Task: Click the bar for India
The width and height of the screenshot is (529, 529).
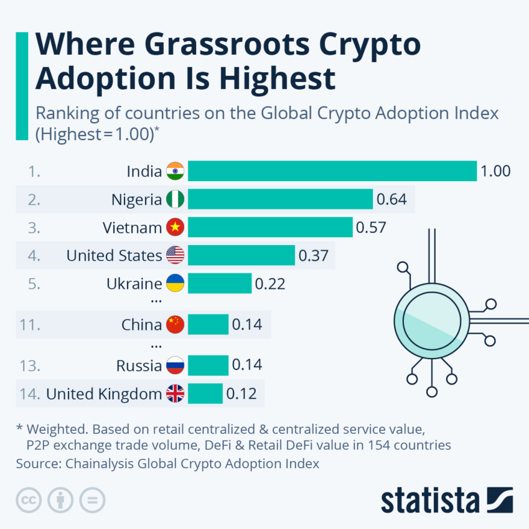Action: (331, 171)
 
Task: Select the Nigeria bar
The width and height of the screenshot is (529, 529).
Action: (280, 199)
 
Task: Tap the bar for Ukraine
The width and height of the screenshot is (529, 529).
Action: (220, 284)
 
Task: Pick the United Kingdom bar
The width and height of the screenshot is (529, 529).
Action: (205, 394)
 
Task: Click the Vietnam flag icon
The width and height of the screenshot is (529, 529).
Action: (176, 228)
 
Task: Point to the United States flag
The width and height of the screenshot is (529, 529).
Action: (176, 255)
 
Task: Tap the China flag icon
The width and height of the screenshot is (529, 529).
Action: (176, 324)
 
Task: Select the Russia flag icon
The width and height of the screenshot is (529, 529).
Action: (176, 366)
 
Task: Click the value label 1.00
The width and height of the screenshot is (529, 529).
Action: (495, 171)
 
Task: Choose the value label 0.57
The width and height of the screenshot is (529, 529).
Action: (371, 228)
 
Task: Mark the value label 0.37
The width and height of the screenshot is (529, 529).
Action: (314, 255)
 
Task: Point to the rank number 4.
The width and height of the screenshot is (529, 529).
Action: (34, 255)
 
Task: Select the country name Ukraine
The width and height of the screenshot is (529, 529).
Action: (134, 284)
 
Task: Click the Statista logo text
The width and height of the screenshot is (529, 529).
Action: (430, 500)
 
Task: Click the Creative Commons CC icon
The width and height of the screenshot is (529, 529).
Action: (27, 500)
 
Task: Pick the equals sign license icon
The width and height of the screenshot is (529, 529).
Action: (92, 500)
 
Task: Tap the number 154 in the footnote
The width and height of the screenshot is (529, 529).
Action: (382, 445)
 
